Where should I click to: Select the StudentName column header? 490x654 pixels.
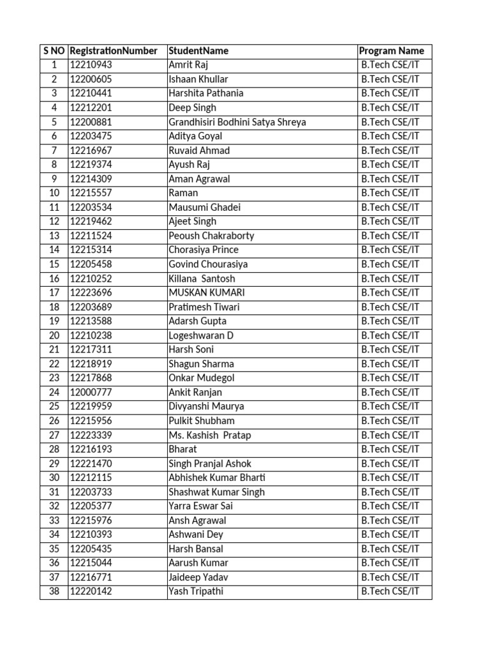click(198, 51)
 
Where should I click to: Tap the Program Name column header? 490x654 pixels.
click(391, 51)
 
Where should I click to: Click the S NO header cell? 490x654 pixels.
click(54, 51)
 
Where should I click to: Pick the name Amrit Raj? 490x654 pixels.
click(188, 65)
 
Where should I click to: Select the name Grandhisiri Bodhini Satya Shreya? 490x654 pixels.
click(237, 122)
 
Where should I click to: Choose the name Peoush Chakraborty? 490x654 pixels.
click(211, 236)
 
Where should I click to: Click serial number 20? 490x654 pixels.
click(54, 335)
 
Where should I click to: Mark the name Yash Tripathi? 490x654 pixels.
click(196, 591)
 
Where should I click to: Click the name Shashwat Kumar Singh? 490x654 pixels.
click(216, 492)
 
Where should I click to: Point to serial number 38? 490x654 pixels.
click(54, 591)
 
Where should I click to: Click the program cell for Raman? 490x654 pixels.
click(390, 193)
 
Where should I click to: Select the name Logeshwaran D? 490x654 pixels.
click(201, 335)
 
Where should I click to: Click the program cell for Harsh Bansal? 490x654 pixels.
click(390, 549)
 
